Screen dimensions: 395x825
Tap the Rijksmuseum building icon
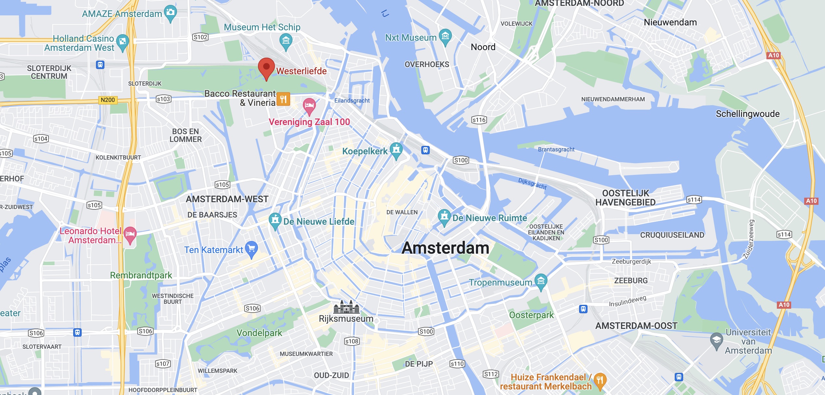pyautogui.click(x=346, y=307)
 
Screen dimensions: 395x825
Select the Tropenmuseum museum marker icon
pyautogui.click(x=541, y=281)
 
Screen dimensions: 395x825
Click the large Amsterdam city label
pyautogui.click(x=445, y=248)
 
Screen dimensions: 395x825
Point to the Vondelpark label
pyautogui.click(x=259, y=333)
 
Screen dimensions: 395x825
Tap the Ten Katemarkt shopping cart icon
pyautogui.click(x=251, y=249)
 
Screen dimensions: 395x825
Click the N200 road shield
pyautogui.click(x=108, y=100)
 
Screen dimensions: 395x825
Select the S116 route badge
pyautogui.click(x=479, y=120)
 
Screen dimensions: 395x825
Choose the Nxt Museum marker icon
pyautogui.click(x=445, y=36)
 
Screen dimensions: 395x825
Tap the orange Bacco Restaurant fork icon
pyautogui.click(x=283, y=99)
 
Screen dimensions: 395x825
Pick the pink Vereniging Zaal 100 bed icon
pyautogui.click(x=309, y=105)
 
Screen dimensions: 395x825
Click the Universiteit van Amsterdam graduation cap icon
pyautogui.click(x=716, y=340)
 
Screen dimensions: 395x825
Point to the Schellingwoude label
pyautogui.click(x=748, y=114)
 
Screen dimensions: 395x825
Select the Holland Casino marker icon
pyautogui.click(x=122, y=42)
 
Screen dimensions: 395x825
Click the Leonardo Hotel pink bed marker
pyautogui.click(x=130, y=234)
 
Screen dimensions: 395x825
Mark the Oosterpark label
pyautogui.click(x=531, y=315)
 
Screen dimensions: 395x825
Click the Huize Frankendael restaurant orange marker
pyautogui.click(x=600, y=380)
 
